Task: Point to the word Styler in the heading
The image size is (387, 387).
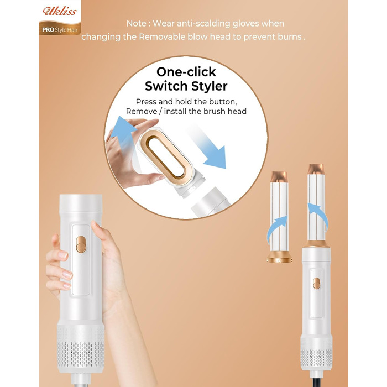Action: (208, 86)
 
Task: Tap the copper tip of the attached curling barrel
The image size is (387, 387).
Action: (317, 169)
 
